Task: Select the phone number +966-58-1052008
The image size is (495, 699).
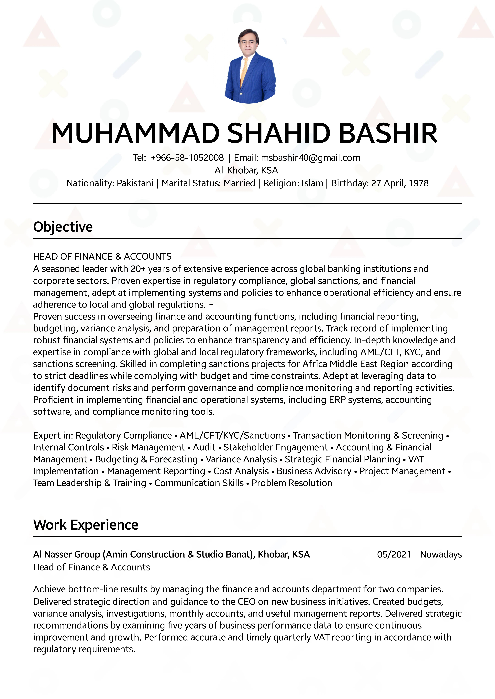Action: (187, 158)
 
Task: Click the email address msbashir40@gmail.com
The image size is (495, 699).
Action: (310, 158)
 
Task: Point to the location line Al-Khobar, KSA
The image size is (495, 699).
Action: (246, 170)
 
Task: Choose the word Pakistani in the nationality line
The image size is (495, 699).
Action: (135, 183)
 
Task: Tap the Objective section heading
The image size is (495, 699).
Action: (63, 227)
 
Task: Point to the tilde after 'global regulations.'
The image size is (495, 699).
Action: (211, 304)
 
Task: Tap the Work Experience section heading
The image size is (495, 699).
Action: (86, 525)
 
